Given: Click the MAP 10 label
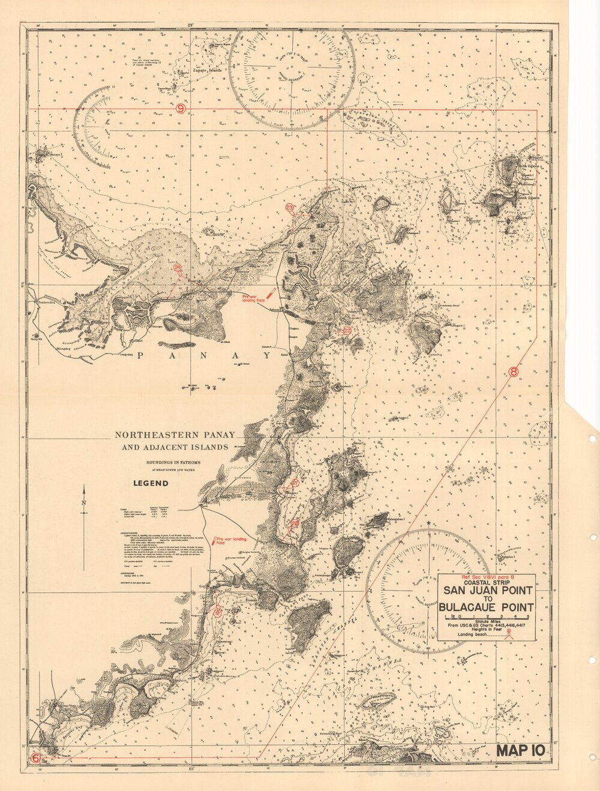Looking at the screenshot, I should pos(520,750).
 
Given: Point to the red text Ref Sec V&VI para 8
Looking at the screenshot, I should pos(487,576).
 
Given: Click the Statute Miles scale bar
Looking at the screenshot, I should pos(487,617).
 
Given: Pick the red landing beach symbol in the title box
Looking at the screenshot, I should pos(509,633).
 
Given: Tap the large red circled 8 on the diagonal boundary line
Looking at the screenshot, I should pos(514,371).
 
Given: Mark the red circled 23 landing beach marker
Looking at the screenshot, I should pos(290,207).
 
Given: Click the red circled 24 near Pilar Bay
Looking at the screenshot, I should pos(177,268).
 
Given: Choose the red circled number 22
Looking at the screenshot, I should pos(347,330).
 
